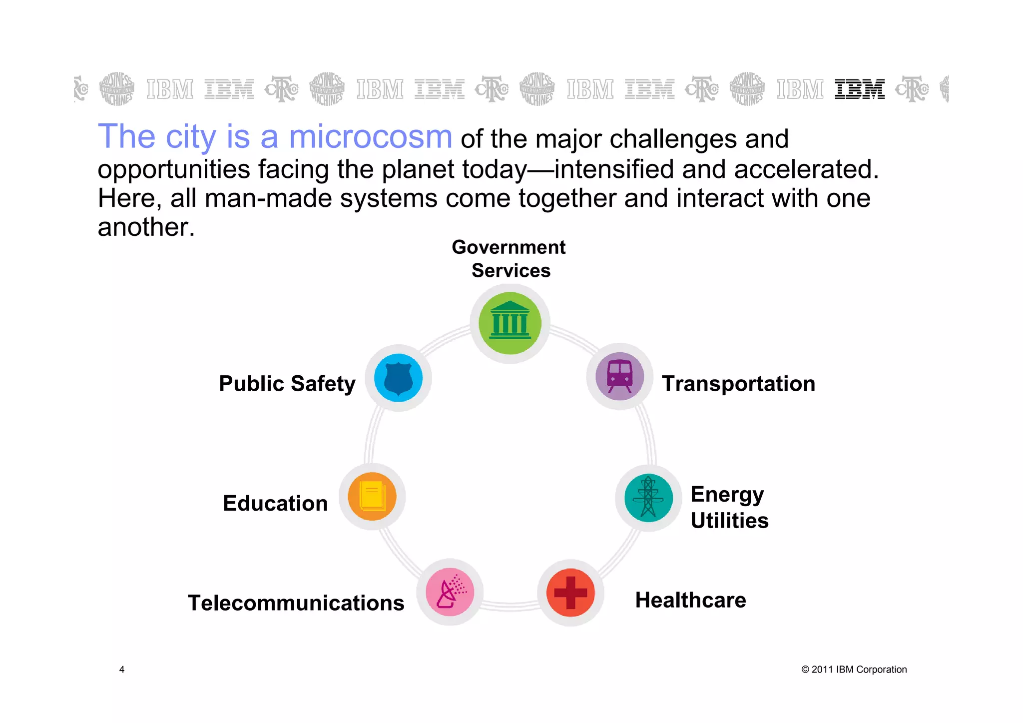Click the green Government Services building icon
pyautogui.click(x=510, y=323)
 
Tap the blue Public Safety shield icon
pyautogui.click(x=398, y=378)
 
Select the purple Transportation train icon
pyautogui.click(x=619, y=376)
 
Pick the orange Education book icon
pyautogui.click(x=372, y=497)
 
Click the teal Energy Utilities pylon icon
pyautogui.click(x=648, y=498)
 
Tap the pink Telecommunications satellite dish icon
pyautogui.click(x=450, y=592)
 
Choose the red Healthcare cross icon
pyautogui.click(x=570, y=593)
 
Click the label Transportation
pyautogui.click(x=738, y=384)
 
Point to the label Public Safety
pyautogui.click(x=287, y=384)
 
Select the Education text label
pyautogui.click(x=275, y=503)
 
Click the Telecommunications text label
pyautogui.click(x=296, y=603)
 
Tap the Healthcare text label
pyautogui.click(x=690, y=600)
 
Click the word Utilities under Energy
pyautogui.click(x=729, y=521)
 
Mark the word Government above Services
pyautogui.click(x=509, y=247)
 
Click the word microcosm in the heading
pyautogui.click(x=371, y=137)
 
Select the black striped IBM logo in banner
pyautogui.click(x=860, y=89)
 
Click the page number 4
pyautogui.click(x=122, y=670)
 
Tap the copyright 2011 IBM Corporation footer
pyautogui.click(x=854, y=670)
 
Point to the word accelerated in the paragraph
pyautogui.click(x=805, y=169)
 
